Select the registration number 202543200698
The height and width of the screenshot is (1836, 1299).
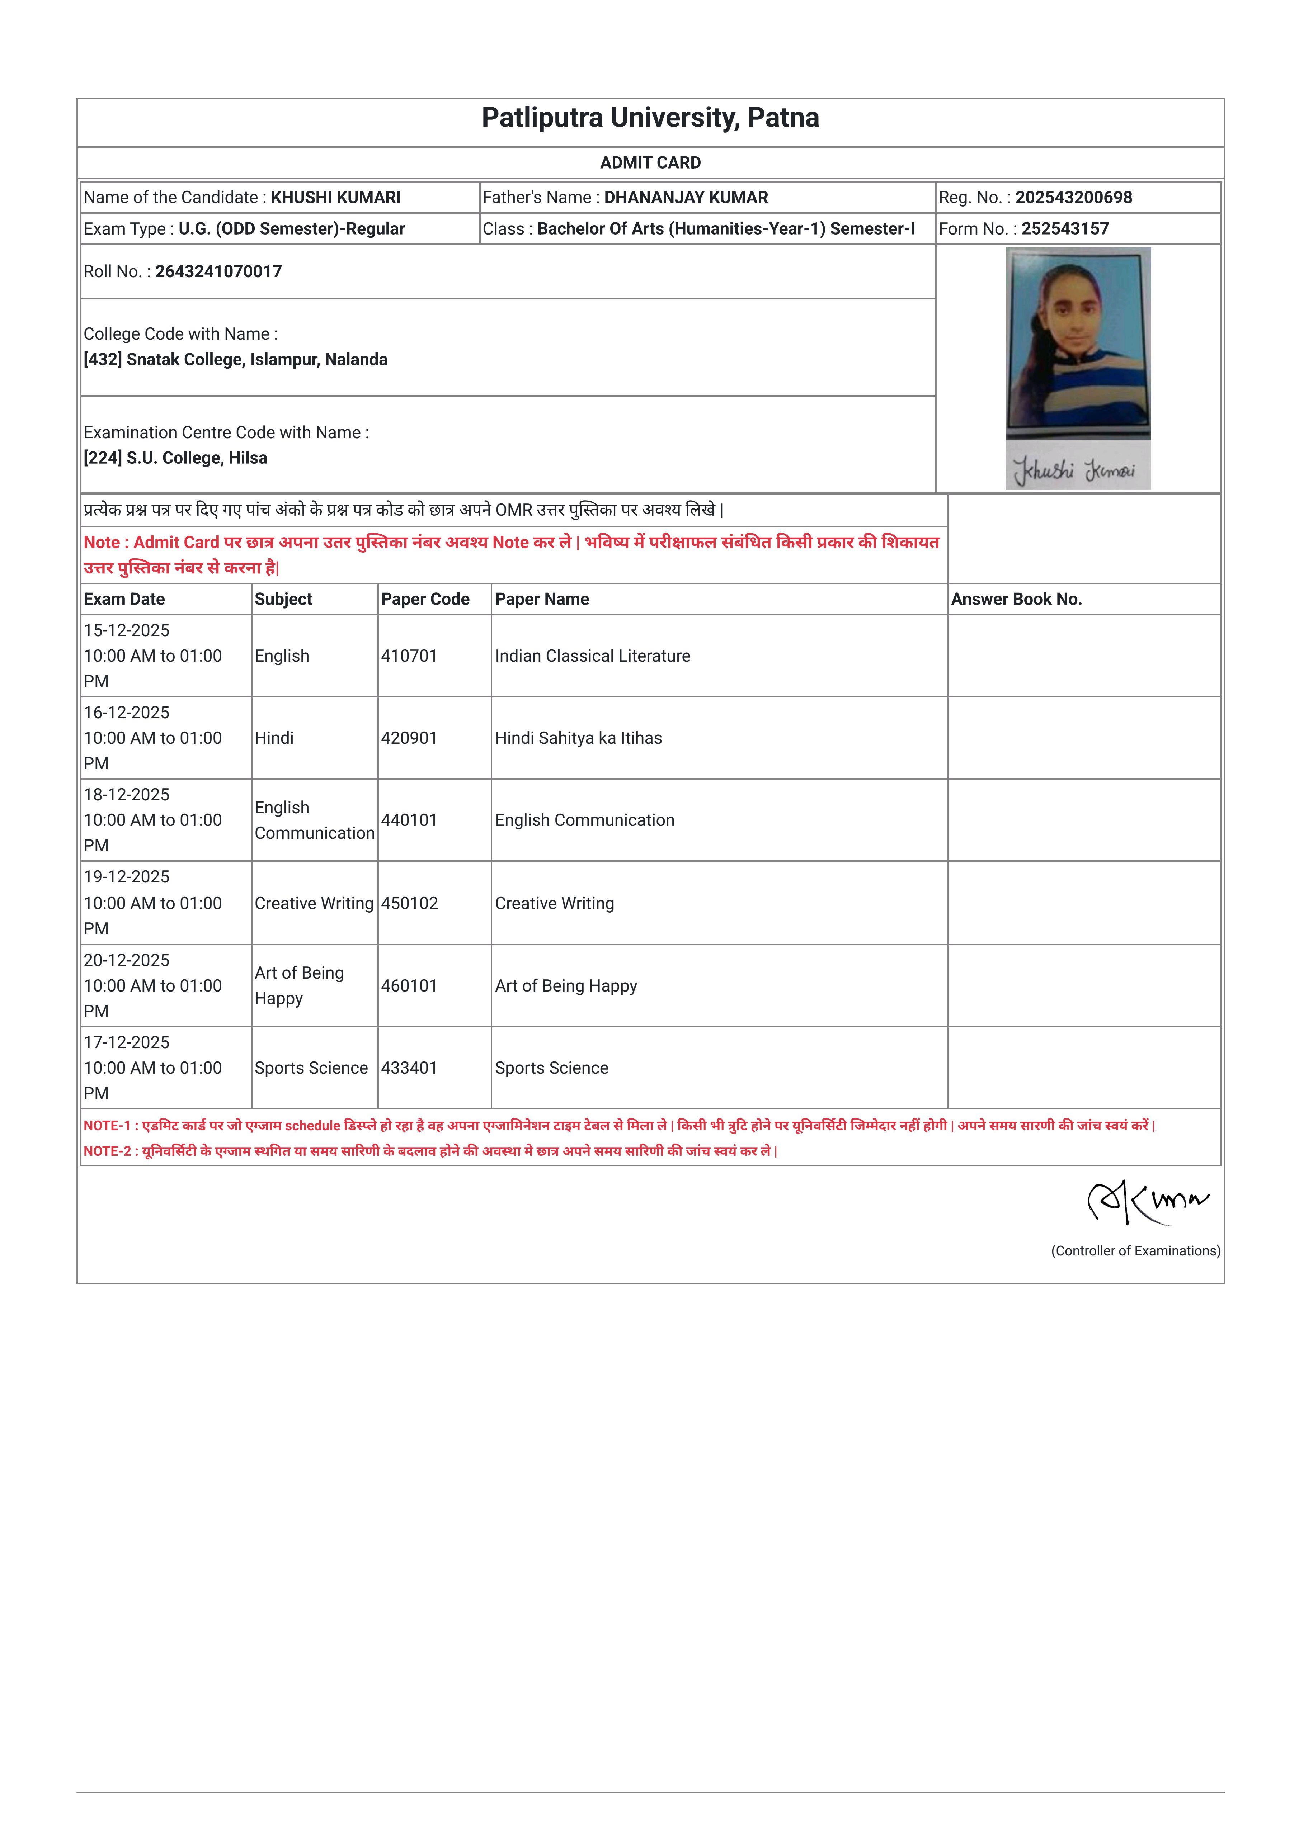click(1073, 198)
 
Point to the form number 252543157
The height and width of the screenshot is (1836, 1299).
click(1065, 229)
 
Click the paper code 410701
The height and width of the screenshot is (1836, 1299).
click(409, 656)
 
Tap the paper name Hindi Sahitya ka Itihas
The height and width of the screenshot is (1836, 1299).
click(578, 738)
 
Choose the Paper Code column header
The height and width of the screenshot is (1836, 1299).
click(425, 599)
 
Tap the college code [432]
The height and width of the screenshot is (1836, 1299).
click(102, 360)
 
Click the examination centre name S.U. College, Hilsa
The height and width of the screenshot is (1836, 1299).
click(197, 458)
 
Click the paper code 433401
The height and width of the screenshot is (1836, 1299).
click(409, 1068)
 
